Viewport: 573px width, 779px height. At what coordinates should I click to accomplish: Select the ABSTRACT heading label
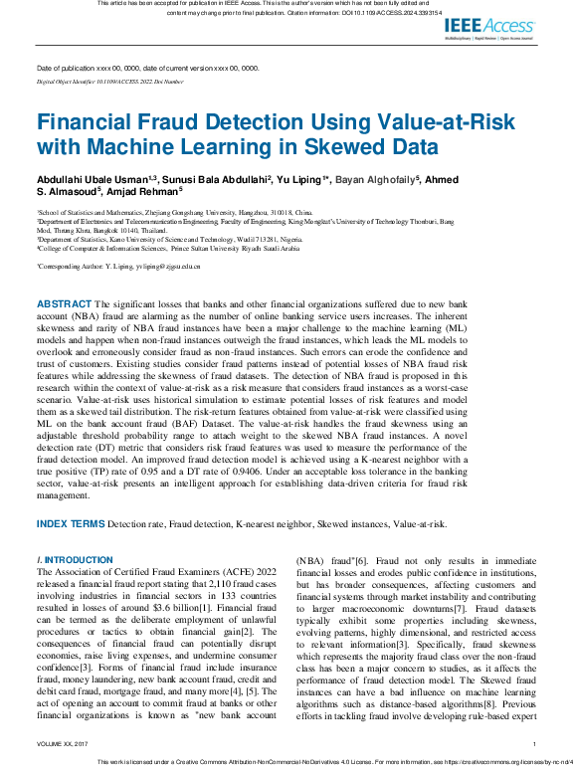coord(64,302)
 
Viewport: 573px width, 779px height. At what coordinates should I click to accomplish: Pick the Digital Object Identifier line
coord(109,81)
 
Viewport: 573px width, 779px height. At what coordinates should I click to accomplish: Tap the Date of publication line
coord(147,68)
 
